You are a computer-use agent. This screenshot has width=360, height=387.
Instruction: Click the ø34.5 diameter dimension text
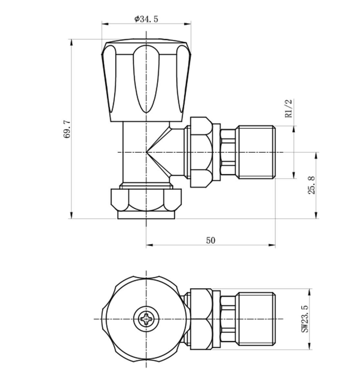pos(146,19)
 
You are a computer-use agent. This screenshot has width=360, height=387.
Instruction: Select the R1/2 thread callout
pos(289,109)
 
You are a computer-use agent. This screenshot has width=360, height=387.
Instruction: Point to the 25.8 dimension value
pos(312,186)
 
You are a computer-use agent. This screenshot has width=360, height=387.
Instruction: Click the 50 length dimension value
pos(210,240)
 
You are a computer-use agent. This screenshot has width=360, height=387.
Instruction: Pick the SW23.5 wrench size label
pos(304,320)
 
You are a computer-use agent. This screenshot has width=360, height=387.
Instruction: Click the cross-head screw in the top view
pos(146,320)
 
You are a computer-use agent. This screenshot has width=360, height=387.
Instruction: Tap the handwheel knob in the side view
pos(146,81)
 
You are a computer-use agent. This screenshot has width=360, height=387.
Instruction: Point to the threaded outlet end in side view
pos(256,153)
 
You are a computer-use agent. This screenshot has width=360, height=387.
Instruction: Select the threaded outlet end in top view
pos(256,320)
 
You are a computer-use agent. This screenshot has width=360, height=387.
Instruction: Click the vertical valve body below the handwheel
pos(135,152)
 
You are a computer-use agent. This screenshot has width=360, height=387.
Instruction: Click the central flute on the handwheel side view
pos(146,78)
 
